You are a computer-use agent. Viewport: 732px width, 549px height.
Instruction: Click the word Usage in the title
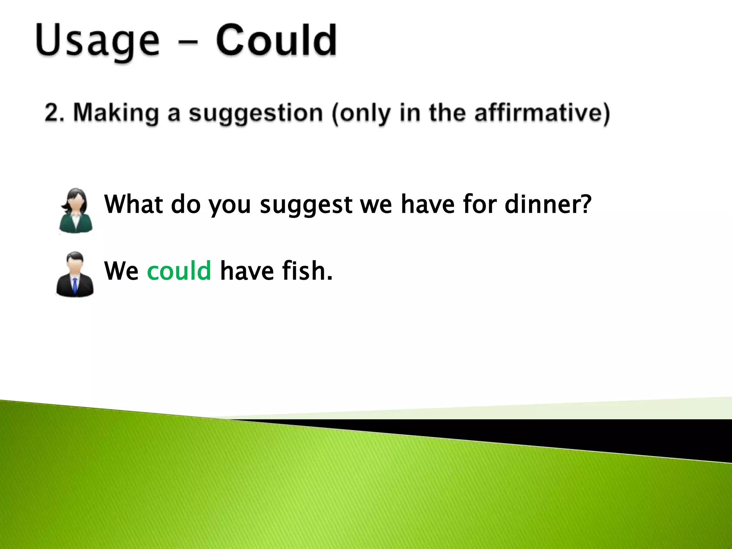(97, 41)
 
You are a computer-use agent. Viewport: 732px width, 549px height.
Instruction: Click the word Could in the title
(276, 40)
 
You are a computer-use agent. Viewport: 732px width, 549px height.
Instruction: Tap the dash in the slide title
(187, 42)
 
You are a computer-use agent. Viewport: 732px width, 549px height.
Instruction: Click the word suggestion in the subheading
(256, 113)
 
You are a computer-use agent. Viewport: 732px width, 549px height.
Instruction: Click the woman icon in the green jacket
(76, 211)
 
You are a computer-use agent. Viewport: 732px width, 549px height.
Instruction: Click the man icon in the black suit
(75, 274)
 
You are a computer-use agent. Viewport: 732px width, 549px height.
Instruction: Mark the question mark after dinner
(584, 204)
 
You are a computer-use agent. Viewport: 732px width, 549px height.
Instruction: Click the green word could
(179, 271)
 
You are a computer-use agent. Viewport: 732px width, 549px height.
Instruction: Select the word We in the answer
(121, 271)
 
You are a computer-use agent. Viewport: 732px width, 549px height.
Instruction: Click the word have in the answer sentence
(247, 271)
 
